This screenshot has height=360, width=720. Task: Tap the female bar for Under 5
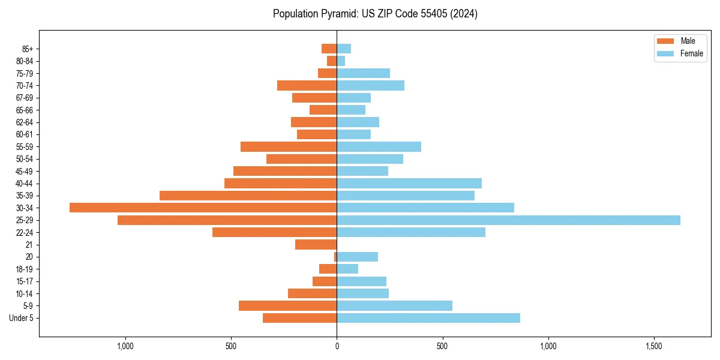(x=428, y=318)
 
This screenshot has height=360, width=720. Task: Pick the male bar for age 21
(x=316, y=245)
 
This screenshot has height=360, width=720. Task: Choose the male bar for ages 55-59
(x=289, y=146)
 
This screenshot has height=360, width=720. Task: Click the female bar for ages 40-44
(x=409, y=183)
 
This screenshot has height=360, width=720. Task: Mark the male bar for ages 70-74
(x=307, y=85)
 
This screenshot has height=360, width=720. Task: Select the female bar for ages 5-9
(x=394, y=306)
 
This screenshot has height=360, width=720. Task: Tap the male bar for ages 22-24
(x=274, y=232)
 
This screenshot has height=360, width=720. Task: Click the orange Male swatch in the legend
(x=666, y=41)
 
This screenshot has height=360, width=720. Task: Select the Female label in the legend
(x=691, y=53)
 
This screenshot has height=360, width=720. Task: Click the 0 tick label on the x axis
(x=337, y=347)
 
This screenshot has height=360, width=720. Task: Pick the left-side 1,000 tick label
(x=125, y=347)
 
